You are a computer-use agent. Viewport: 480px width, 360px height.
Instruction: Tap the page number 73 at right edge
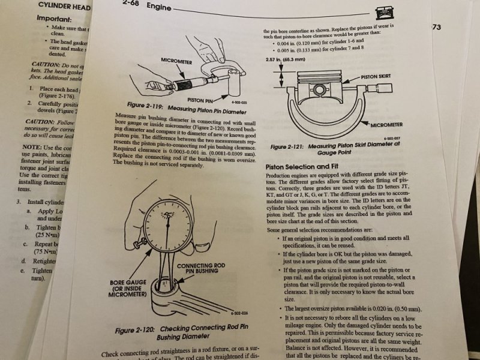[x=436, y=27]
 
